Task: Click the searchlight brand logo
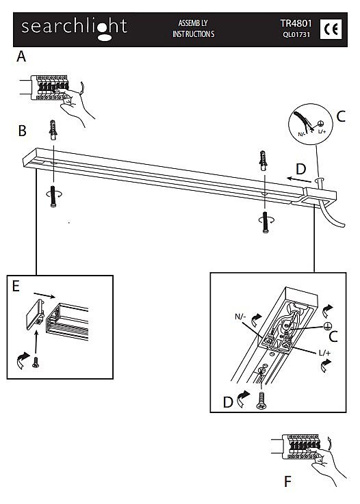click(75, 29)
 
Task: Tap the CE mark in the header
click(331, 29)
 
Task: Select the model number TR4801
click(296, 23)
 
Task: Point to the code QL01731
click(296, 34)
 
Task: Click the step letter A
click(21, 56)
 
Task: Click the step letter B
click(22, 131)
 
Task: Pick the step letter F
click(287, 481)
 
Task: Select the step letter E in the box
click(16, 286)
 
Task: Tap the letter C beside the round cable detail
click(341, 116)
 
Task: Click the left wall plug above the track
click(53, 130)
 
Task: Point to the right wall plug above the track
click(263, 161)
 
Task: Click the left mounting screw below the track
click(53, 196)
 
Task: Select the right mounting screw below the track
click(266, 222)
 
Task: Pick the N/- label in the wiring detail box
click(240, 317)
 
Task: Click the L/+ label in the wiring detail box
click(324, 353)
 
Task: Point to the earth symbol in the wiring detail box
click(327, 327)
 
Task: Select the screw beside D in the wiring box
click(261, 401)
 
